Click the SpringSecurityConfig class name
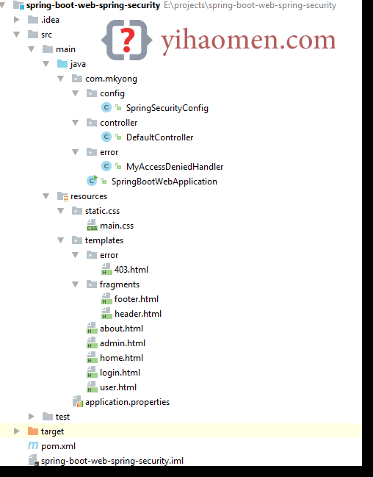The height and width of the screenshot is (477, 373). [167, 108]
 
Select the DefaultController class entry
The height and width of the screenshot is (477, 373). [159, 137]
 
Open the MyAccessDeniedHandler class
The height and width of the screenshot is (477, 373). [175, 167]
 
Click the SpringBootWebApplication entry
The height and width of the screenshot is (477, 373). [164, 182]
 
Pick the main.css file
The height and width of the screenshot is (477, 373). [117, 226]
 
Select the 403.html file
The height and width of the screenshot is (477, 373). [131, 270]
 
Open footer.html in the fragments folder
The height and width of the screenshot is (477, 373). [136, 299]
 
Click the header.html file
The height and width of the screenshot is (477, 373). [138, 314]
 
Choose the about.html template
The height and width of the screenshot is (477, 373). [121, 329]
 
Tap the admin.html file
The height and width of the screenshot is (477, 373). [123, 343]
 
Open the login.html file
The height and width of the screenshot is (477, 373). [120, 373]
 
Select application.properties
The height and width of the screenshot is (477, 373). [127, 402]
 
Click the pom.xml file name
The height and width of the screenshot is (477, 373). [58, 446]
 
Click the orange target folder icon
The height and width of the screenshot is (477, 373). [32, 431]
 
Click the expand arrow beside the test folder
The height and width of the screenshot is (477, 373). [31, 417]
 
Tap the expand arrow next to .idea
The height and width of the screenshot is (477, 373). [16, 20]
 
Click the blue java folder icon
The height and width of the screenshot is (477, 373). [62, 64]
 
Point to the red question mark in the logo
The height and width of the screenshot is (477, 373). [127, 40]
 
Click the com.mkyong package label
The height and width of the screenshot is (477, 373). [111, 79]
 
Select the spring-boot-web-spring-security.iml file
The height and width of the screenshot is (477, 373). [112, 461]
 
